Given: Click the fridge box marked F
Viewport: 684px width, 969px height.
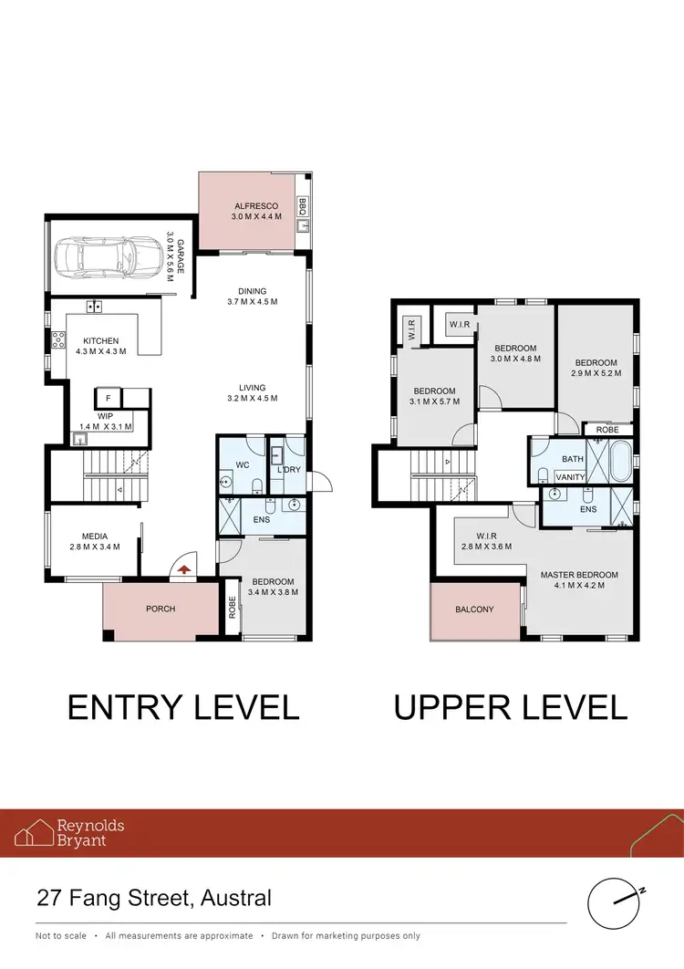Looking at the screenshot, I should [109, 399].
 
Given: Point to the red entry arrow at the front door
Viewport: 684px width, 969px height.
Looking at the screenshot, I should [184, 568].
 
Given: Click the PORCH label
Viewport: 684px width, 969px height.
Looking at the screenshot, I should [161, 609].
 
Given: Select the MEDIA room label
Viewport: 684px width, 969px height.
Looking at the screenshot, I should [95, 537].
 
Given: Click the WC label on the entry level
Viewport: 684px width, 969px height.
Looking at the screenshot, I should [243, 465].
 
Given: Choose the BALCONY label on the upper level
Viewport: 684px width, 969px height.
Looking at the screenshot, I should [474, 610].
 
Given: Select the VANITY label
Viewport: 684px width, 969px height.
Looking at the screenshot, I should [571, 476].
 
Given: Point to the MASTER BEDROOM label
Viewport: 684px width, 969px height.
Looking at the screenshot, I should [579, 575].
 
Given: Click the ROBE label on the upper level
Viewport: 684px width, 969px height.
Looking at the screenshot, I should [607, 430].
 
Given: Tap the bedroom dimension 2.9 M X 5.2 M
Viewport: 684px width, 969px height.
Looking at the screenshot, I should [596, 374].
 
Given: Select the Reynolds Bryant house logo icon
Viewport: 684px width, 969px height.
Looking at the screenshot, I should [33, 832].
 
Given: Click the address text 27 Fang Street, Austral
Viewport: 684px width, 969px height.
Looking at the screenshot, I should [154, 898].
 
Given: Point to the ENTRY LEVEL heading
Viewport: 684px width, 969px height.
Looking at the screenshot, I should [183, 707].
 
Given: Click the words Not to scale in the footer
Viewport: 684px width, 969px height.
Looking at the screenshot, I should [61, 936].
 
